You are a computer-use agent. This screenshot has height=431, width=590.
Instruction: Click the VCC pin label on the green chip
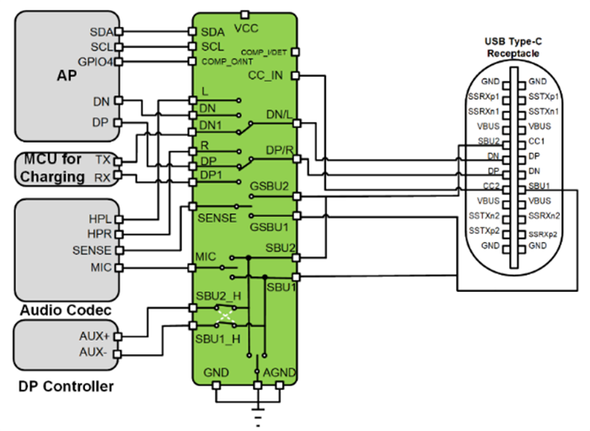click(246, 27)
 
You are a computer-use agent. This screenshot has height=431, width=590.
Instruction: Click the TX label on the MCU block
click(103, 159)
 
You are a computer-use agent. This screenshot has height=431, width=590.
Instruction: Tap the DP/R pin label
click(279, 149)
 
